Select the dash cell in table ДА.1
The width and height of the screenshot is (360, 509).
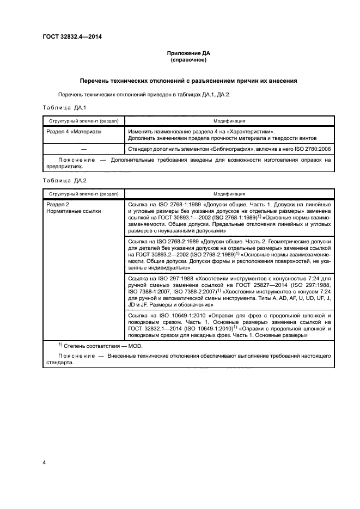pos(83,148)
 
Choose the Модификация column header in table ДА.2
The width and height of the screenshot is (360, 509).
pos(229,193)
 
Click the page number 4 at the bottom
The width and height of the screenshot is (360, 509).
pos(44,462)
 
